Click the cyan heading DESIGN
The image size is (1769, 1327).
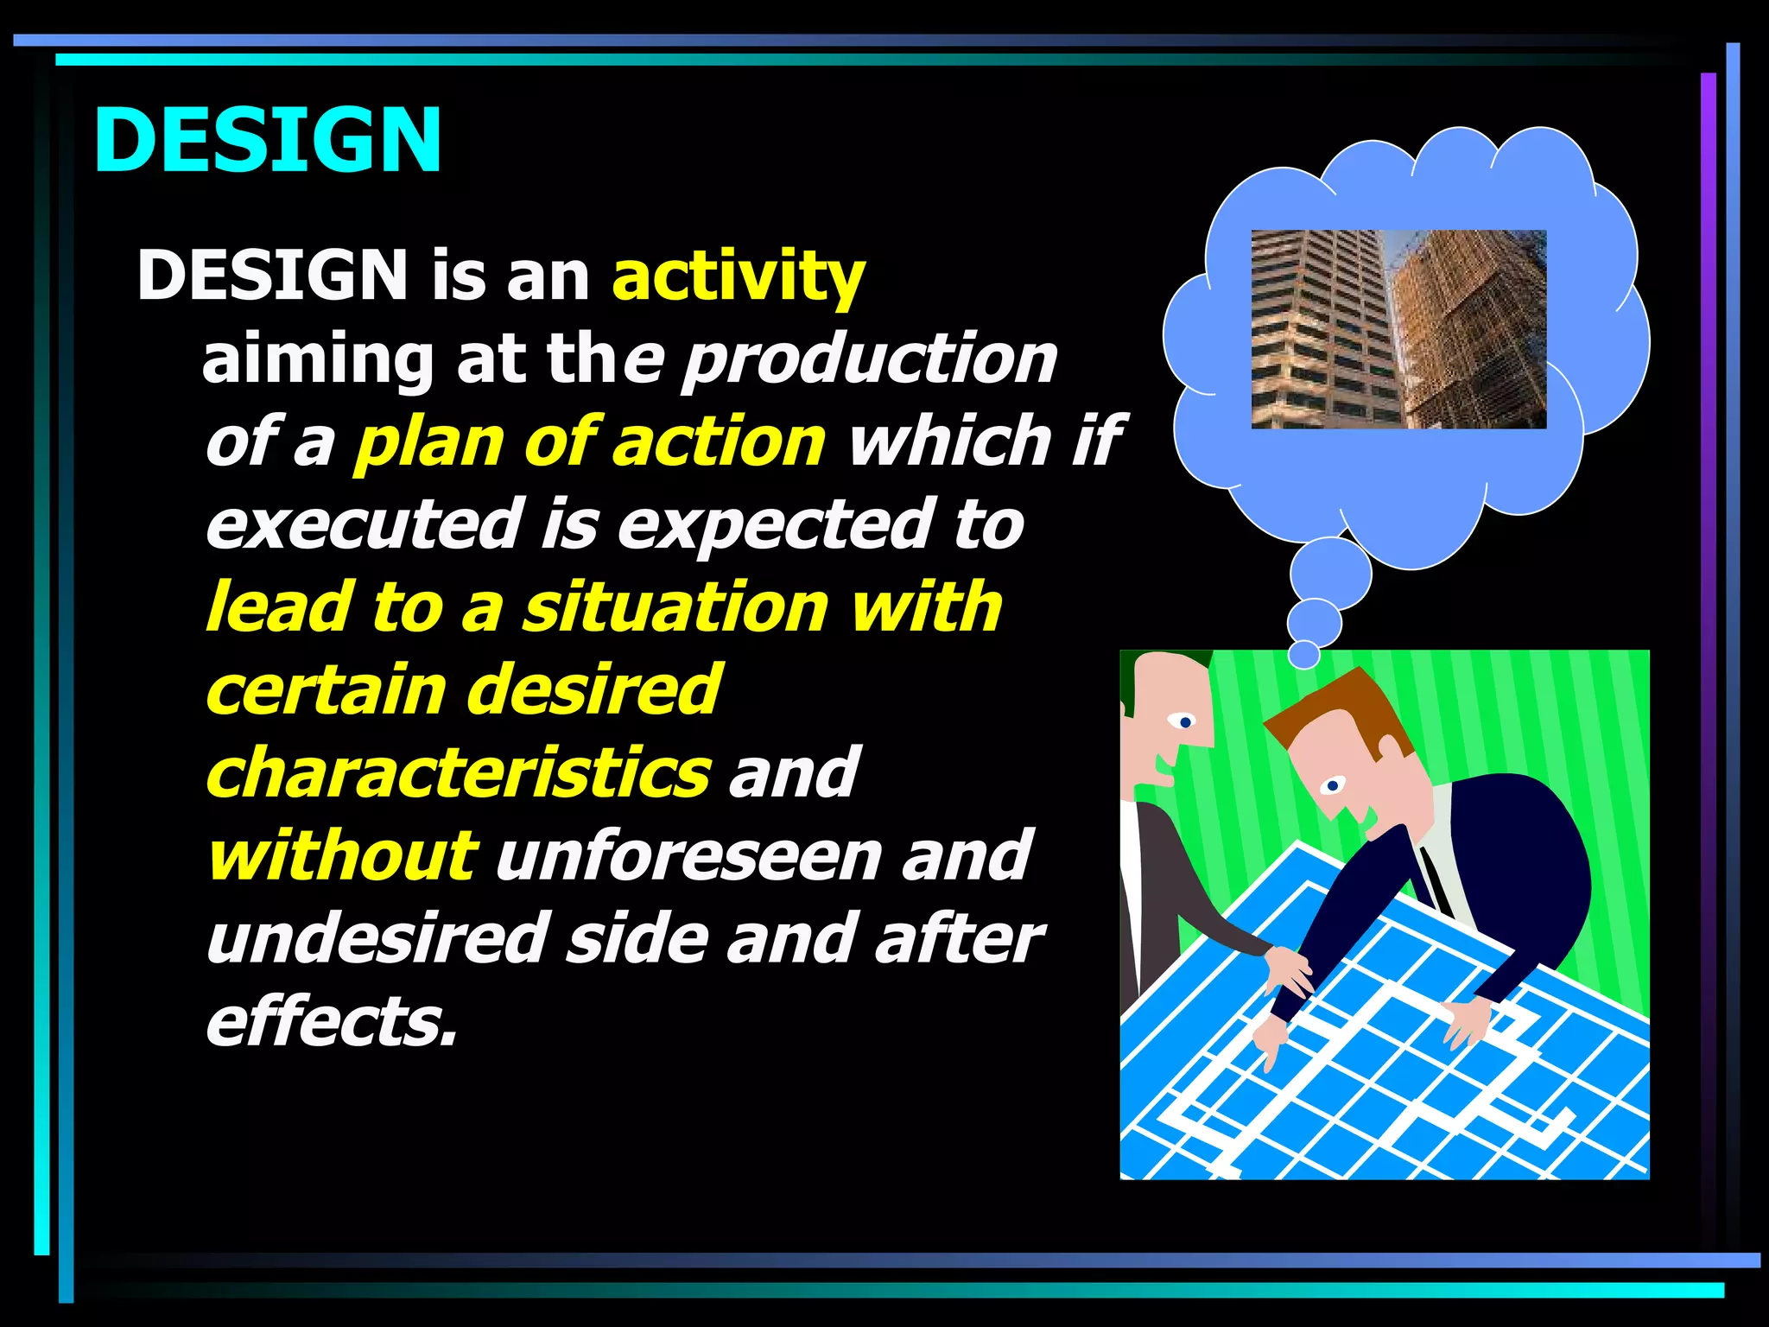267,140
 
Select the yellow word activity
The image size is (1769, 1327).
738,276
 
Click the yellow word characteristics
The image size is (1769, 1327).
459,773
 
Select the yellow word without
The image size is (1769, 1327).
341,856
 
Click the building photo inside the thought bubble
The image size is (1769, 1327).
1398,329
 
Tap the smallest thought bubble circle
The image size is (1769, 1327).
1303,655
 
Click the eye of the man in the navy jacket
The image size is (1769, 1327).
1333,785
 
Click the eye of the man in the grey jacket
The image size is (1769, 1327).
1183,721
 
